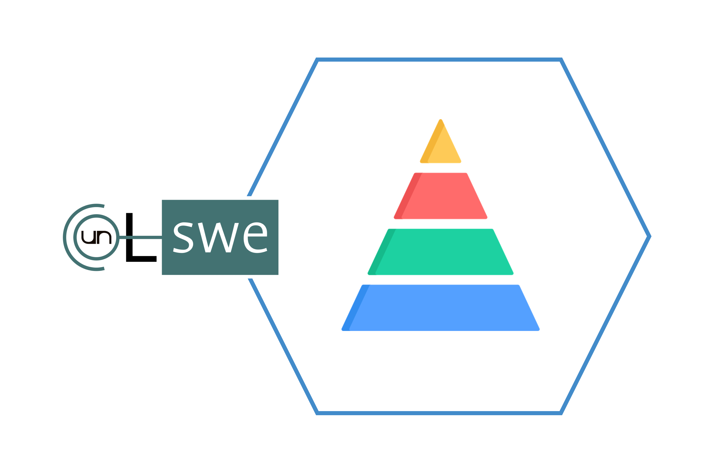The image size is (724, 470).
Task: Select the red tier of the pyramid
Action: point(440,196)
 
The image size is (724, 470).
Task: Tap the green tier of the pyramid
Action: point(440,252)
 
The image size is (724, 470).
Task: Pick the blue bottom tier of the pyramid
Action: point(440,308)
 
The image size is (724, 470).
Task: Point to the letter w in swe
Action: point(218,238)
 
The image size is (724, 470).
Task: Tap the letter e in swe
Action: point(255,238)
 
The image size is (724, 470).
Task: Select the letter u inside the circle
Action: point(89,237)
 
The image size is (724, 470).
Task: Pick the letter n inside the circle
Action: point(104,237)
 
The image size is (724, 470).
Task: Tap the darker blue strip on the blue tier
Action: point(356,308)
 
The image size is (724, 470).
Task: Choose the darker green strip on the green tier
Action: point(382,252)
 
